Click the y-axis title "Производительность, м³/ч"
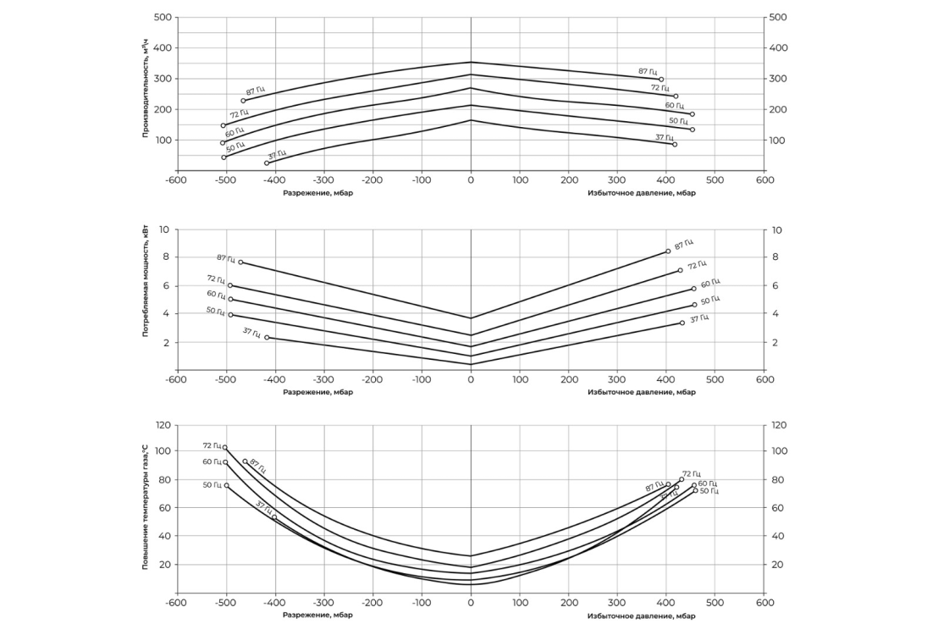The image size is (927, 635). coord(146,94)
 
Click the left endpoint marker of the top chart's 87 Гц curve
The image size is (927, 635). coord(243,101)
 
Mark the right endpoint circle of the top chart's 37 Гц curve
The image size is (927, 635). coord(675,145)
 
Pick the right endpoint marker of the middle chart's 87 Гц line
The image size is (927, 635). coord(668,251)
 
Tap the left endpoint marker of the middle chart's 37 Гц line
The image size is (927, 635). coord(267,338)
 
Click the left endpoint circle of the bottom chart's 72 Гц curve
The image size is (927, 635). coord(225,448)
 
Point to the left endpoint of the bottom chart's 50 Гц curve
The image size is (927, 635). coord(226,485)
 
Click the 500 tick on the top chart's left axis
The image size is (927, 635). coord(164,17)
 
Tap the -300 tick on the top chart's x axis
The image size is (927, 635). coord(323,180)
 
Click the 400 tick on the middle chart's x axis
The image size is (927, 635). coord(666,380)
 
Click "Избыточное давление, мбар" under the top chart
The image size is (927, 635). coord(641,192)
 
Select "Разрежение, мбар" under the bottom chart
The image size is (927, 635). coord(317,615)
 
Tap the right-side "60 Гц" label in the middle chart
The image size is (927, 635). coord(710,283)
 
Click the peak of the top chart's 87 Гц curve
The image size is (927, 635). coord(471,62)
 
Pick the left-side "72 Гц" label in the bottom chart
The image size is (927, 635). coord(212,445)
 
